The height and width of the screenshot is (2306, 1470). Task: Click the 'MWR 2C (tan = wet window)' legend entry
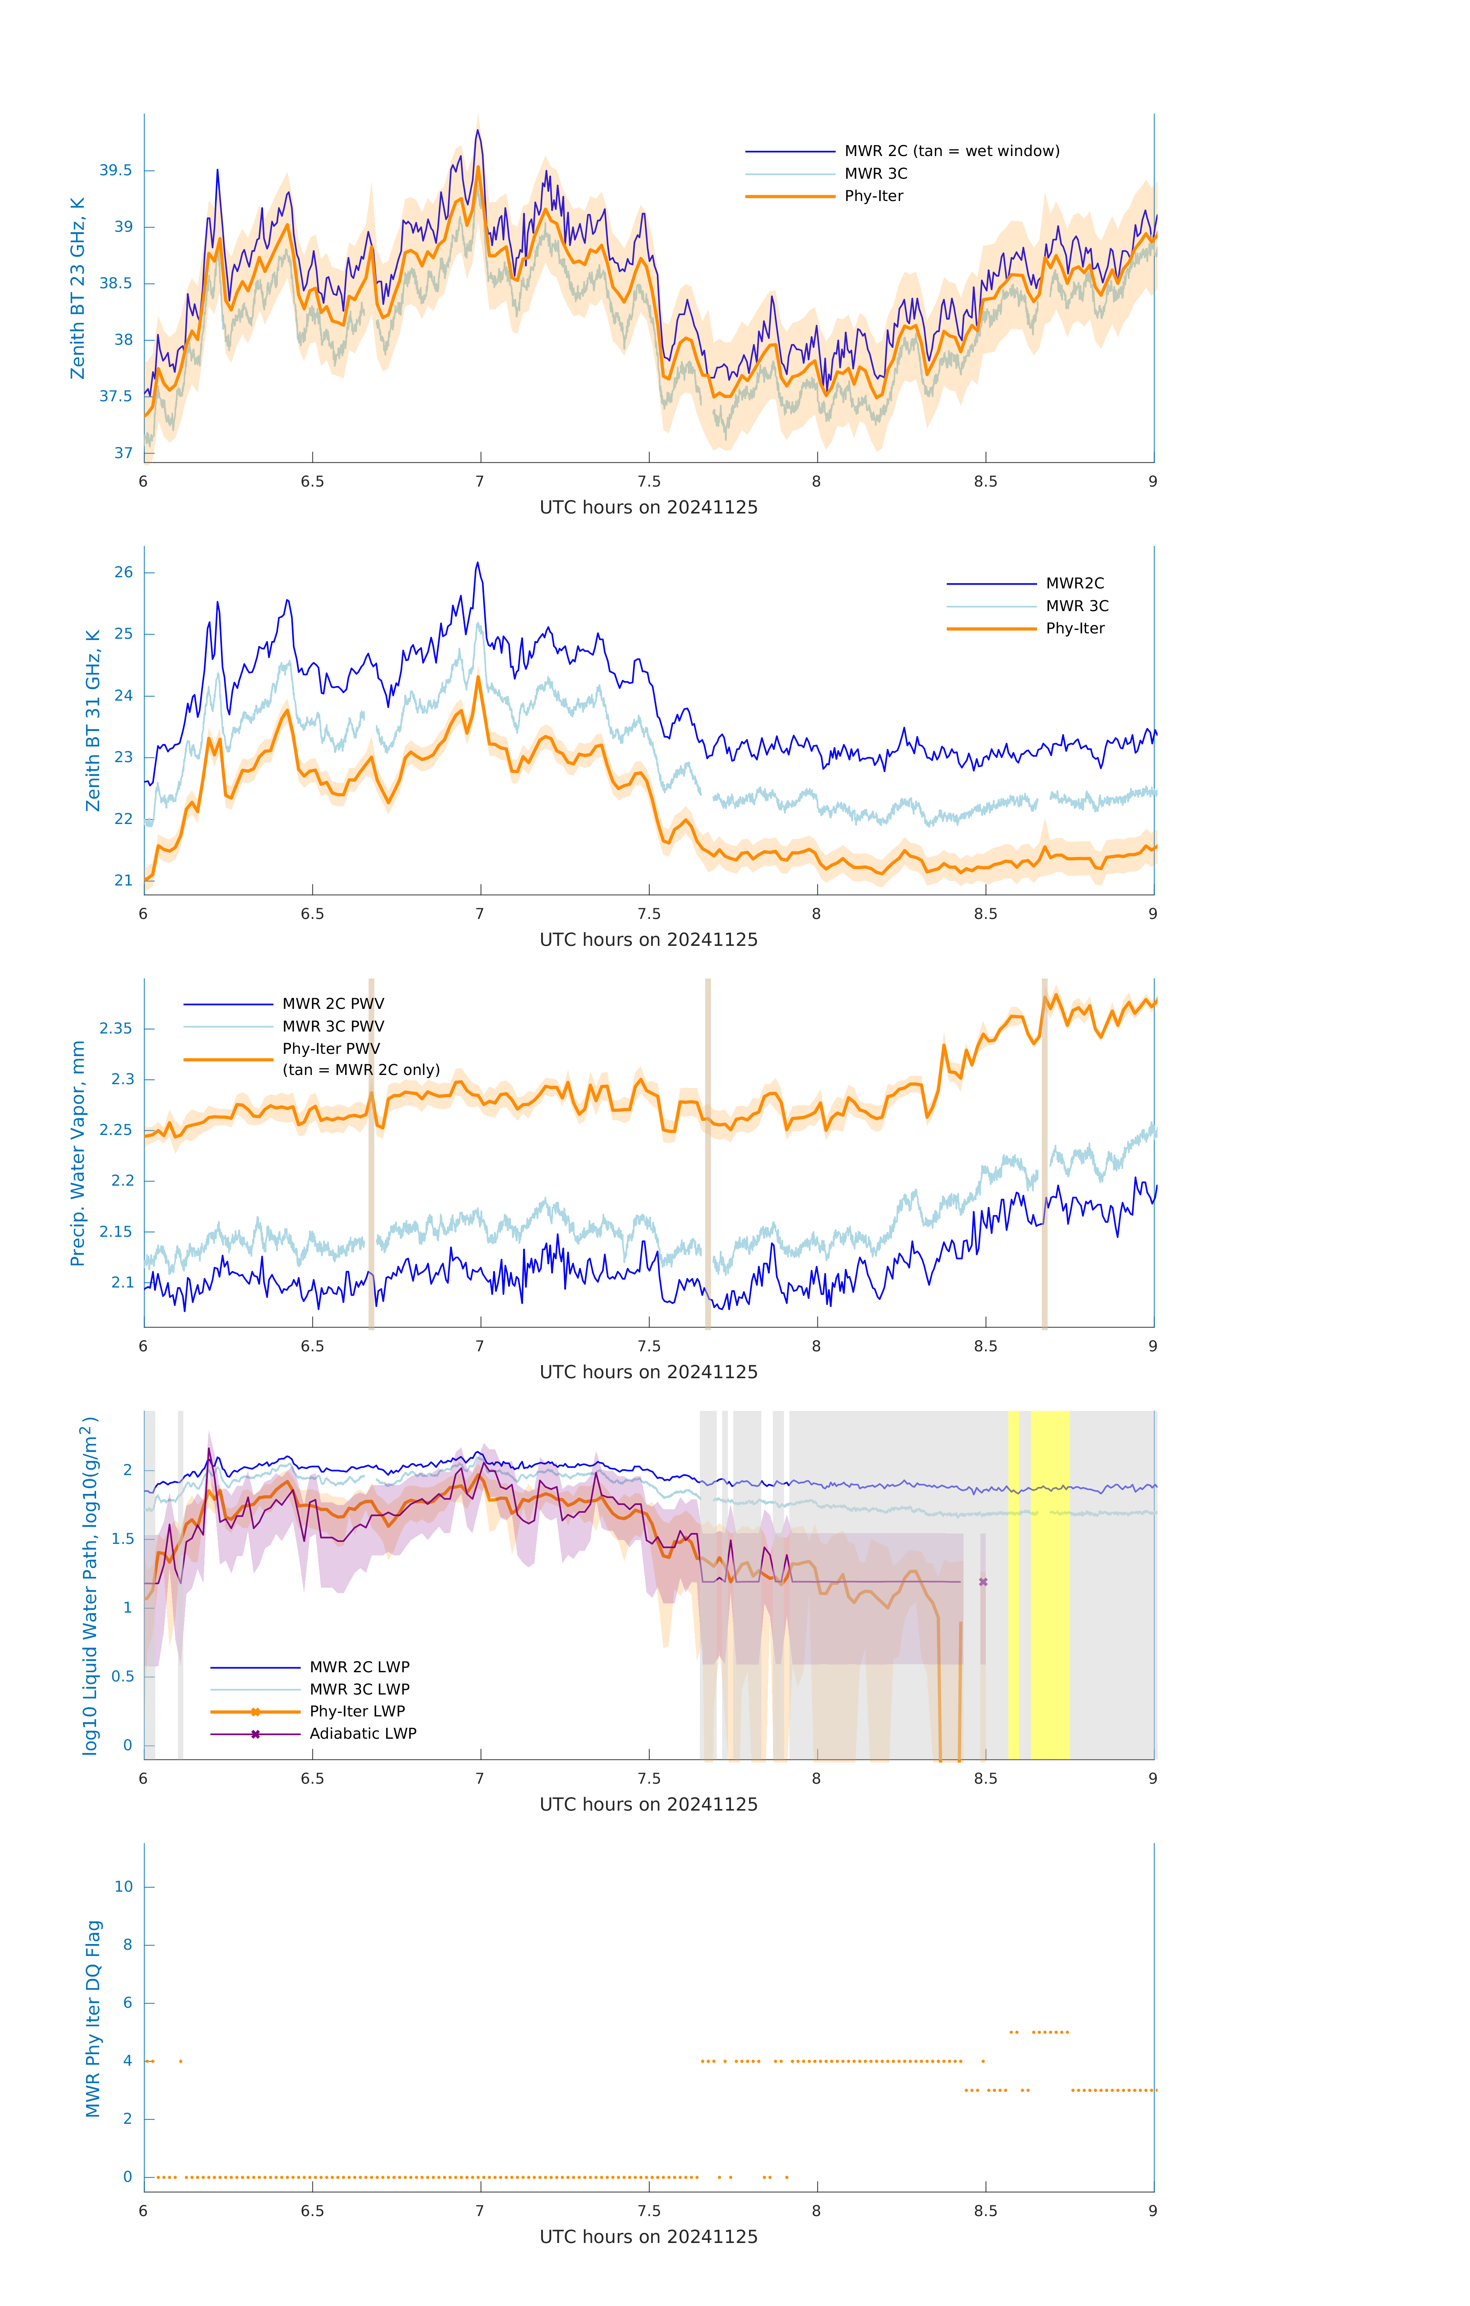point(951,151)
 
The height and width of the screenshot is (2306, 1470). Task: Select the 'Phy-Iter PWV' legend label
point(331,1048)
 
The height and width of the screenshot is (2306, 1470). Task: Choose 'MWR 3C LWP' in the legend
point(359,1689)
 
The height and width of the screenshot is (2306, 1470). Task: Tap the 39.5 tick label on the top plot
point(116,171)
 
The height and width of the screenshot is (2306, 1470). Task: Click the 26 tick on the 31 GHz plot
point(123,573)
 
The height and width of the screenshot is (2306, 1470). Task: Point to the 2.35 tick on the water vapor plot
point(116,1028)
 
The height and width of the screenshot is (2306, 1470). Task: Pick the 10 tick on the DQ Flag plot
point(123,1887)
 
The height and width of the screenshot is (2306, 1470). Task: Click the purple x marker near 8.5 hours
point(983,1582)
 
